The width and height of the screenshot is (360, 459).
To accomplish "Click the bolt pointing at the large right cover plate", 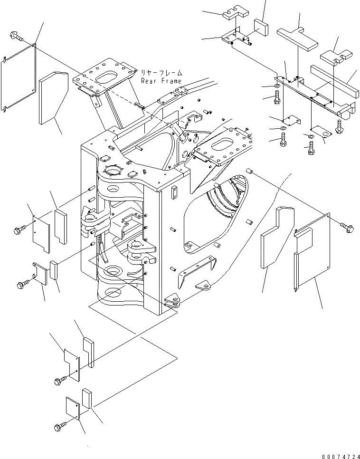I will pos(347,227).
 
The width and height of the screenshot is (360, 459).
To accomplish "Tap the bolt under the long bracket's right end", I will pos(340,126).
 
